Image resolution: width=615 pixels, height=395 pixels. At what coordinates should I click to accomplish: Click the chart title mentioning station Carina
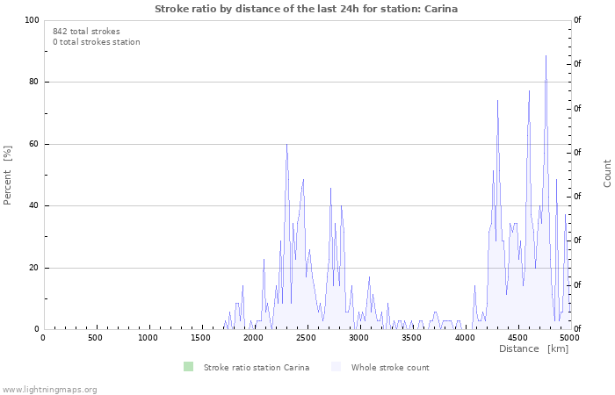tap(306, 9)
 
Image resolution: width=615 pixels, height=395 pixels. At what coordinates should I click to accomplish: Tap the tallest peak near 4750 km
tap(546, 56)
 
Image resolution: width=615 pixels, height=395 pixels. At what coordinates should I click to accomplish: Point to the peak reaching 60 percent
tap(286, 145)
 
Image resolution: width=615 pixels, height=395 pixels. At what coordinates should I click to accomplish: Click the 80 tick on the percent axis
tap(33, 82)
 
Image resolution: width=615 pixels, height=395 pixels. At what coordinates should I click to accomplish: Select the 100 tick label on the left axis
tap(32, 20)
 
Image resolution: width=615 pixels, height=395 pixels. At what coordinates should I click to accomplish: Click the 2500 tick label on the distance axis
tap(306, 338)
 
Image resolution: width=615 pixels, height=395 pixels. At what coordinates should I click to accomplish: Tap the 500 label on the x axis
tap(95, 338)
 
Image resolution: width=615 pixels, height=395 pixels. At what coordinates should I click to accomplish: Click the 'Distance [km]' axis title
tap(533, 348)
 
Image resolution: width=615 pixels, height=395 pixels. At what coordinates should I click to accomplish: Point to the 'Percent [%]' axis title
tap(7, 176)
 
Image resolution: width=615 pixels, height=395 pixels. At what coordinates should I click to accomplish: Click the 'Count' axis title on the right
tap(607, 173)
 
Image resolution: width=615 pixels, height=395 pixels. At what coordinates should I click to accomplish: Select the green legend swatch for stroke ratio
tap(188, 367)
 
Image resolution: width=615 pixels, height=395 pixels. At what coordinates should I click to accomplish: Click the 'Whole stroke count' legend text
tap(390, 368)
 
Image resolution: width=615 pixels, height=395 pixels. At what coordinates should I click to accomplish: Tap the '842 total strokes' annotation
tap(86, 32)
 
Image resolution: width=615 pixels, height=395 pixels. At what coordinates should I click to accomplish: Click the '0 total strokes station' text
tap(97, 42)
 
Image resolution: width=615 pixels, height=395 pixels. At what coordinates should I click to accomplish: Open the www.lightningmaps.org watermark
tap(48, 390)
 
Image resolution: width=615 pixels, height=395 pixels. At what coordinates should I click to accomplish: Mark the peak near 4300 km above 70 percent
tap(498, 101)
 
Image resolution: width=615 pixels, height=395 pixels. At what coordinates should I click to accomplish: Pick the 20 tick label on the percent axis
tap(33, 268)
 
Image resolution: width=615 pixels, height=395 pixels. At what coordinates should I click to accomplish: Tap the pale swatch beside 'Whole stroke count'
tap(336, 367)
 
